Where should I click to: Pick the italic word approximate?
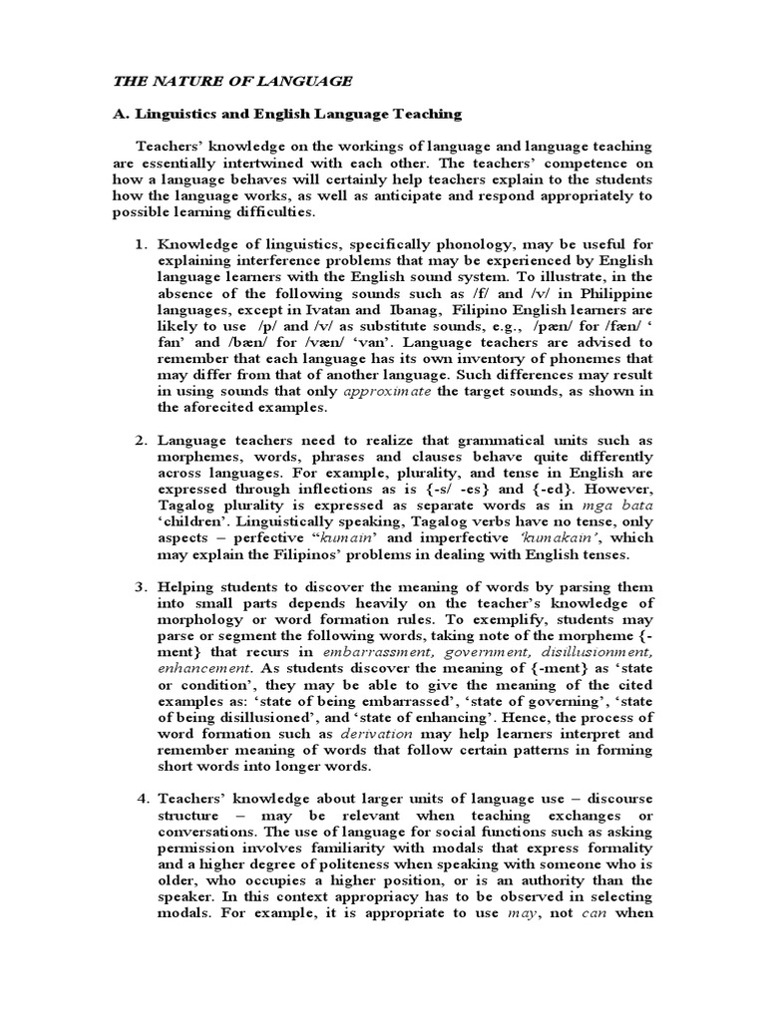click(x=388, y=392)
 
